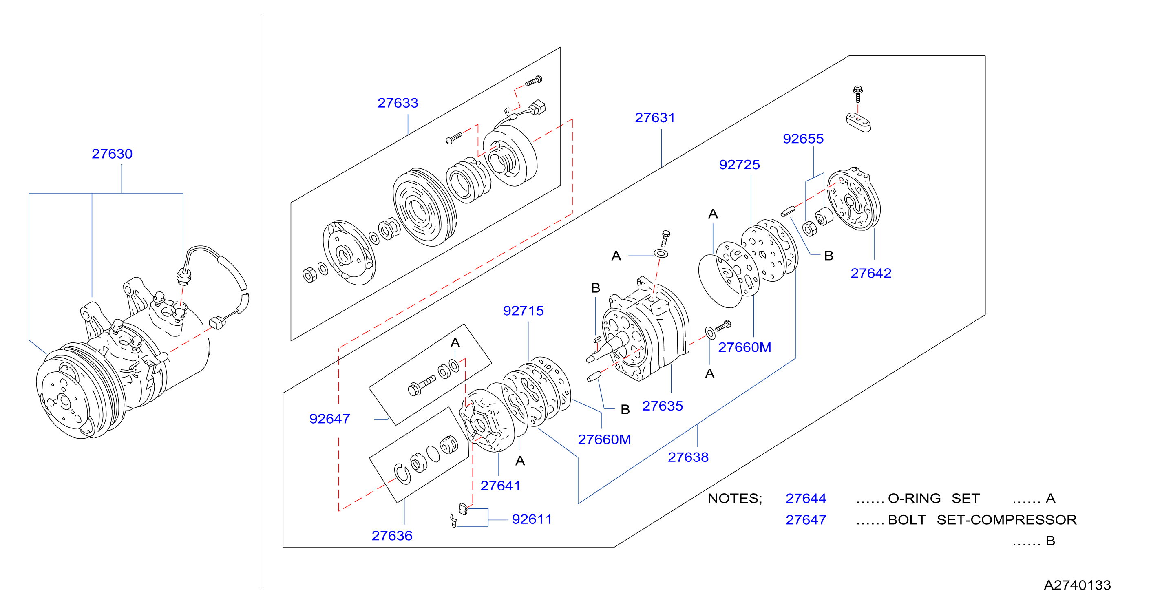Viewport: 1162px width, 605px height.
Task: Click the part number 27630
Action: (112, 154)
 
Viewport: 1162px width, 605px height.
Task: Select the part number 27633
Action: (398, 103)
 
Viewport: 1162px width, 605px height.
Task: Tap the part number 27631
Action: (654, 118)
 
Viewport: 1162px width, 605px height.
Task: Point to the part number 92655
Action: (803, 139)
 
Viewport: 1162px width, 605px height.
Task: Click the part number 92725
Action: (739, 165)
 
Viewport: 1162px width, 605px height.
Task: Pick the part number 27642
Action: (870, 273)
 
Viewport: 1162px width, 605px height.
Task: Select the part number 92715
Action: (523, 310)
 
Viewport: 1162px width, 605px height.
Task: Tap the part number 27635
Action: (662, 406)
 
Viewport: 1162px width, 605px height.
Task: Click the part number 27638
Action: (688, 457)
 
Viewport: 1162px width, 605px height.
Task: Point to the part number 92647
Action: (329, 419)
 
